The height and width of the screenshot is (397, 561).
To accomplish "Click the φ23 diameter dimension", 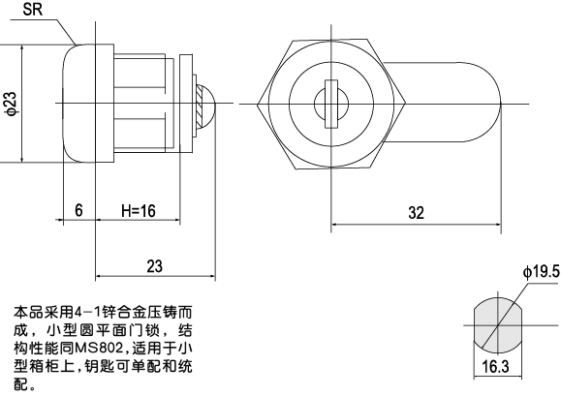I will pos(10,103).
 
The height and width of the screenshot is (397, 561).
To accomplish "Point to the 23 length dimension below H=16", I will pos(153,266).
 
